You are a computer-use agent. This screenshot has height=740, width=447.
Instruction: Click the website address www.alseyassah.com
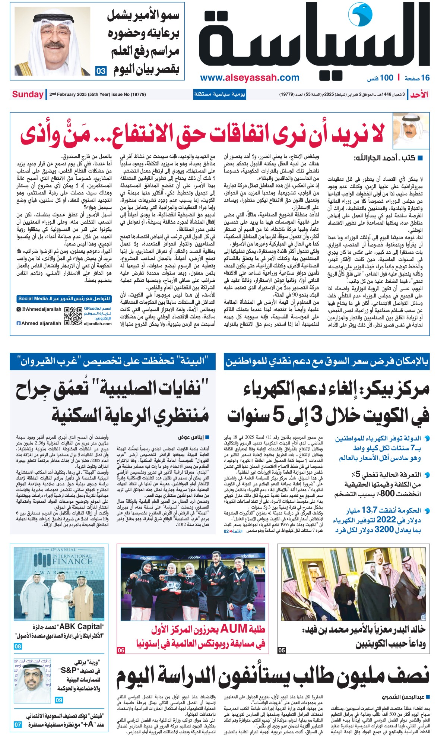click(250, 78)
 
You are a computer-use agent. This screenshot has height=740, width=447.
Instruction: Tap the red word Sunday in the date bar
click(28, 94)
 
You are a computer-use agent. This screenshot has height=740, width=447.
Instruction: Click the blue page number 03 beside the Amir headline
click(101, 71)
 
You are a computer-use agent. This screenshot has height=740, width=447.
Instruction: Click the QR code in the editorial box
click(73, 316)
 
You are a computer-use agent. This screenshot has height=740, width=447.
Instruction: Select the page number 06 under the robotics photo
click(121, 650)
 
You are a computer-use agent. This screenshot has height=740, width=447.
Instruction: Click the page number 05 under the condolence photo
click(282, 650)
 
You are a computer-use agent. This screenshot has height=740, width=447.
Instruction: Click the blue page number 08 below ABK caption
click(18, 646)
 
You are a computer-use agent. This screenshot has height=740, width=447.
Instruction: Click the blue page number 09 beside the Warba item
click(59, 700)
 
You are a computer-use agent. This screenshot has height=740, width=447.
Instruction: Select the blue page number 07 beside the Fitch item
click(18, 725)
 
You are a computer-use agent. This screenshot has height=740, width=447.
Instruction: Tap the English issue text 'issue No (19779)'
click(129, 95)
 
